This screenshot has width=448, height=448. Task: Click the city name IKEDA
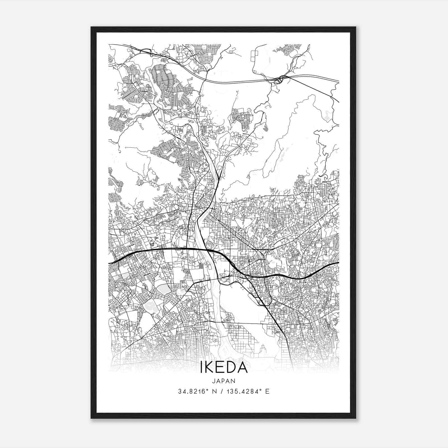[224, 367]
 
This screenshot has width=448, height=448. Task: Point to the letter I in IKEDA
[201, 367]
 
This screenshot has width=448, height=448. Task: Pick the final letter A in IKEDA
[242, 367]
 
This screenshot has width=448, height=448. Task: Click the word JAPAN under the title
[224, 381]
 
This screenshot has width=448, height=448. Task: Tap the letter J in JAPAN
[214, 381]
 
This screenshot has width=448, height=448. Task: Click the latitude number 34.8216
[189, 391]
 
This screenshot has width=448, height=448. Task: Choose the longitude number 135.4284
[241, 391]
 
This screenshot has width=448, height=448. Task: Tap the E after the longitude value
[267, 391]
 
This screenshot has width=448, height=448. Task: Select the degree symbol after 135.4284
[260, 390]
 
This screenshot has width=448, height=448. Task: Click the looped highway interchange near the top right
[278, 80]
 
